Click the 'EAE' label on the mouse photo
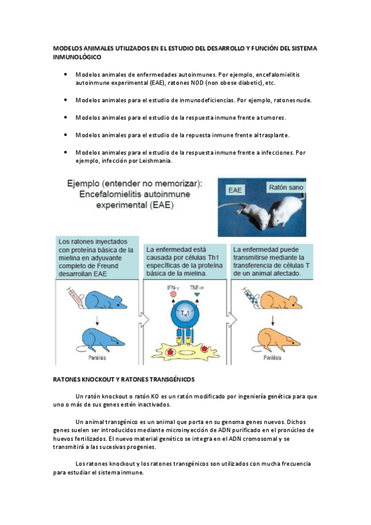(235, 190)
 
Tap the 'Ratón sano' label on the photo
(286, 187)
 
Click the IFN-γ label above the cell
(173, 288)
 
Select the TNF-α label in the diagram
(197, 288)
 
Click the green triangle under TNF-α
(197, 295)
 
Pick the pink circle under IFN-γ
(173, 294)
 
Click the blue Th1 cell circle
(185, 314)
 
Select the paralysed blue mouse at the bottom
(100, 340)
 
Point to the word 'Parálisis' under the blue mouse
(97, 358)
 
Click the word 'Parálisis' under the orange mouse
(273, 358)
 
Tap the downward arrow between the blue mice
(97, 320)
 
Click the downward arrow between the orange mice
(273, 320)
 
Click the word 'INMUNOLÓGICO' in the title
(77, 57)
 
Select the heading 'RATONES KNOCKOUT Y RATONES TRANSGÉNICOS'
(123, 380)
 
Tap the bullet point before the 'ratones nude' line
(65, 100)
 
